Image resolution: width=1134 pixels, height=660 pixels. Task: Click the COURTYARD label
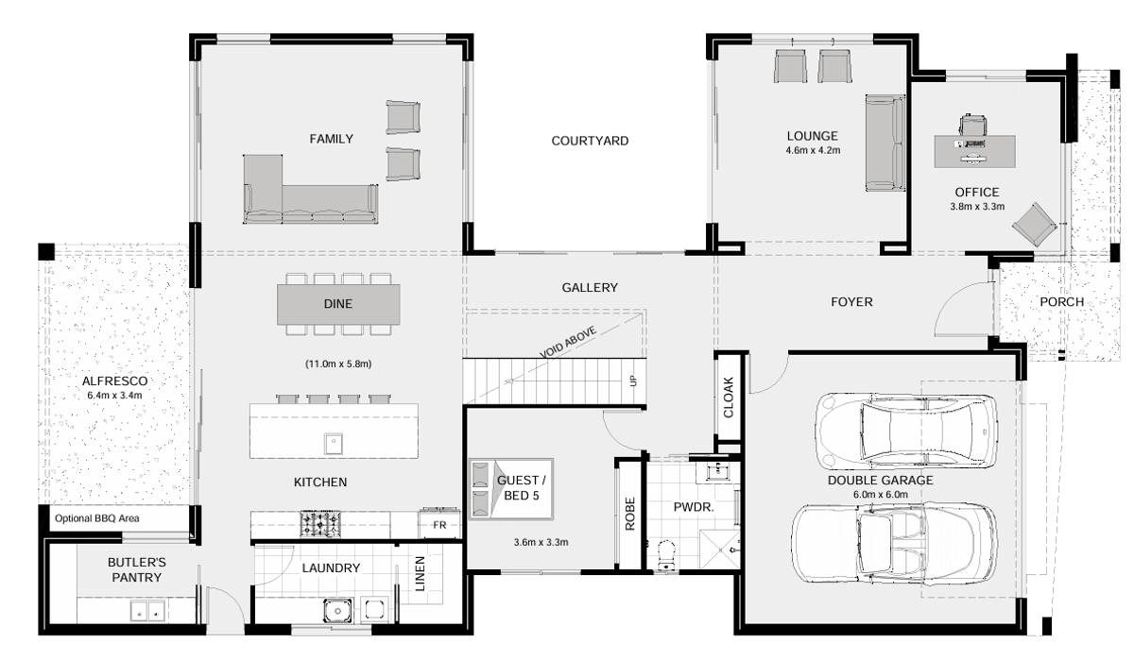tap(590, 141)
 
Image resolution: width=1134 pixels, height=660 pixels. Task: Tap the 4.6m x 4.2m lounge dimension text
tap(813, 150)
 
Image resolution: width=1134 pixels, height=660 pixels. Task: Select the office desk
tap(975, 150)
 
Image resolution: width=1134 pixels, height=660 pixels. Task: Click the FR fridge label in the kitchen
tap(439, 524)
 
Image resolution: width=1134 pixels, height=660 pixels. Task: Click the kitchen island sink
tap(333, 440)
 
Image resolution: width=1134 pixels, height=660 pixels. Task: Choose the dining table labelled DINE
tap(337, 304)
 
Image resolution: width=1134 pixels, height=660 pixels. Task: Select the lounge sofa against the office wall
tap(885, 142)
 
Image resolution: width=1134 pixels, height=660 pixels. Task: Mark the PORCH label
tap(1061, 302)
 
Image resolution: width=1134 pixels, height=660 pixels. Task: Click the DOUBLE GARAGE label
tap(881, 481)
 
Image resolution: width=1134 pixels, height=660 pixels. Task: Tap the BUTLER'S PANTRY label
tap(135, 569)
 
